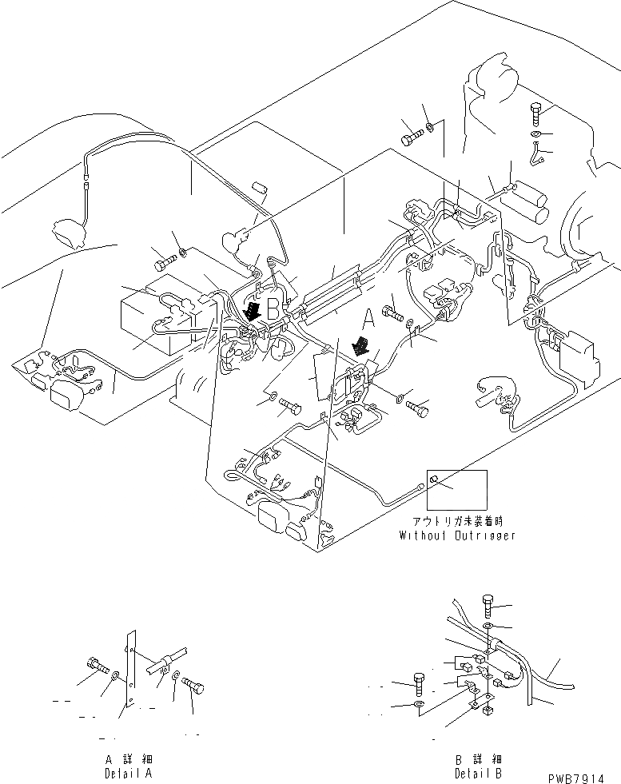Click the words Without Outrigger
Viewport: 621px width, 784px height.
pos(457,535)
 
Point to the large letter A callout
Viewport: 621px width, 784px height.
pos(368,319)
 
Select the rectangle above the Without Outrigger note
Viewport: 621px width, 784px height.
pos(457,489)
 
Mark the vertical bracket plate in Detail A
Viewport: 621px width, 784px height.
pos(130,671)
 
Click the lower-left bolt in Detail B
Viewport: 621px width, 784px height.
pos(419,683)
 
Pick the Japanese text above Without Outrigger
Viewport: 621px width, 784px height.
pos(457,522)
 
